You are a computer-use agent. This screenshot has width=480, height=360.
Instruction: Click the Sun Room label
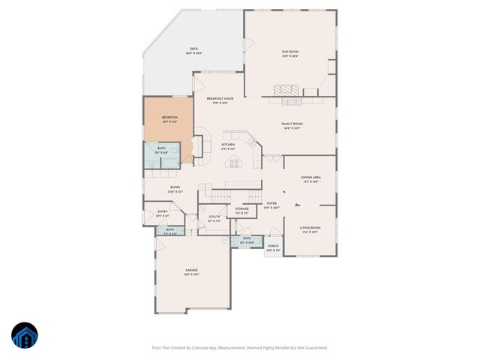coord(289,52)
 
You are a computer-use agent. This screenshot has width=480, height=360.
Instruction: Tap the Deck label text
coord(172,50)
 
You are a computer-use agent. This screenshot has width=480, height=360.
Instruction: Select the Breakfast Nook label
coord(214,100)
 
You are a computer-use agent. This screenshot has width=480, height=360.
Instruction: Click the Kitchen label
coord(228,145)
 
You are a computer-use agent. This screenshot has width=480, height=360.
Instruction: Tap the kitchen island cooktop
coord(233,161)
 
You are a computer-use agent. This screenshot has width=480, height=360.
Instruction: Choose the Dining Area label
coord(311,179)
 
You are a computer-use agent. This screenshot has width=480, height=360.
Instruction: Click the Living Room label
coord(310,229)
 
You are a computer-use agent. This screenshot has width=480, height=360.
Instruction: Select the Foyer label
coord(271,205)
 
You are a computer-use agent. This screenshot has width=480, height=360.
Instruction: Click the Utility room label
coord(214,219)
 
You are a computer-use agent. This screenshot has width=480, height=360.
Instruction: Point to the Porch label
coord(273,247)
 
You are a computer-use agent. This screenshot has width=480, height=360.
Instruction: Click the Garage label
coord(191,271)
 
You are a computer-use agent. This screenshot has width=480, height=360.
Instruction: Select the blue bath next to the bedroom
coord(161,154)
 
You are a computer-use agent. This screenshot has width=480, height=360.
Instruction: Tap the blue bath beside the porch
coord(247,240)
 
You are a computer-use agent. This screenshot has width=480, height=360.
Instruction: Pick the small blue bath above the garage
coord(169,231)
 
